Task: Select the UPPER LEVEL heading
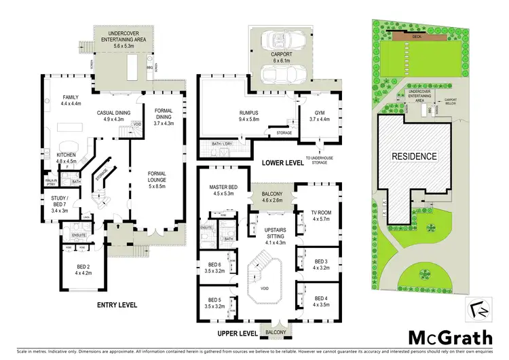[237, 334]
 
